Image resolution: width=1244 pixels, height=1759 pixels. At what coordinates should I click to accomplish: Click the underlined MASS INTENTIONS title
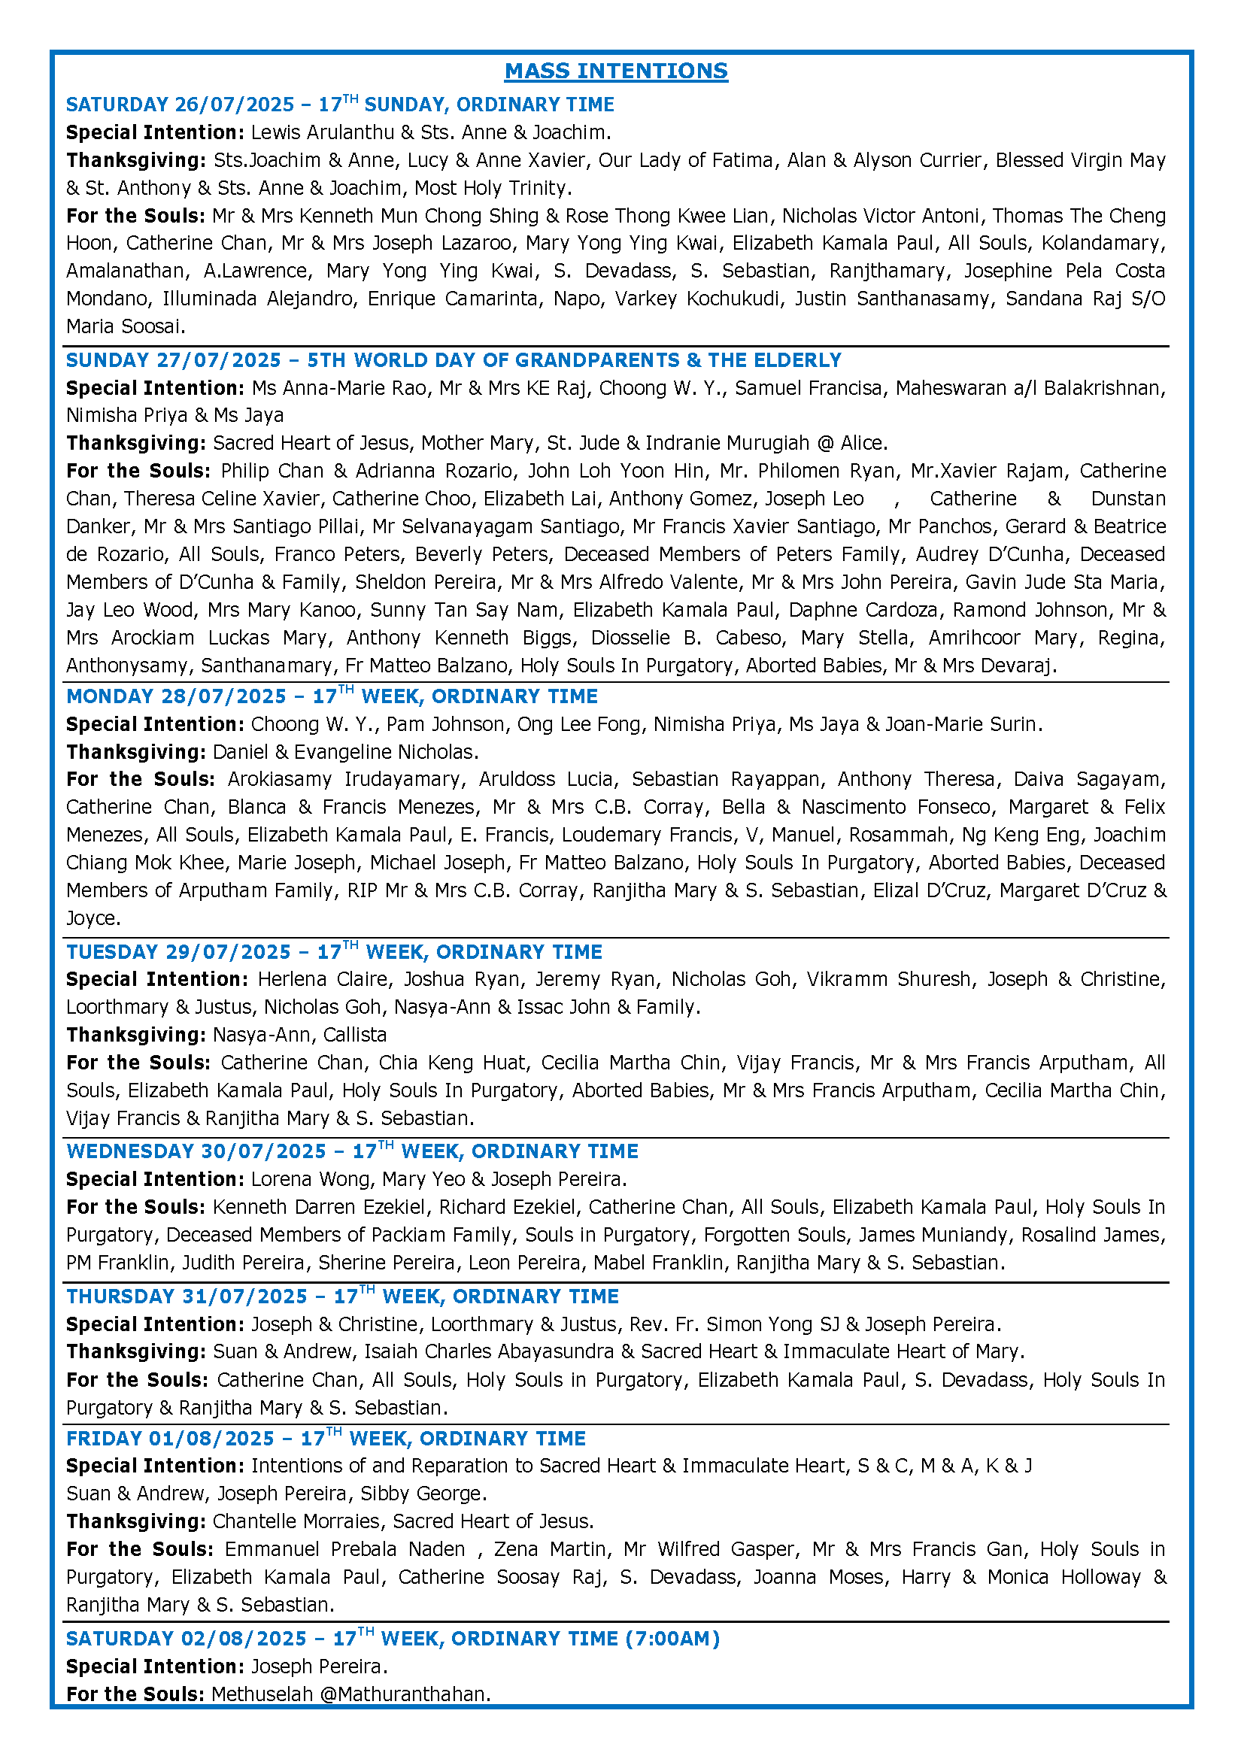[616, 71]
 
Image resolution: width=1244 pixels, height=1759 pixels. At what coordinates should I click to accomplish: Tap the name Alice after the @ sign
[863, 443]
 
